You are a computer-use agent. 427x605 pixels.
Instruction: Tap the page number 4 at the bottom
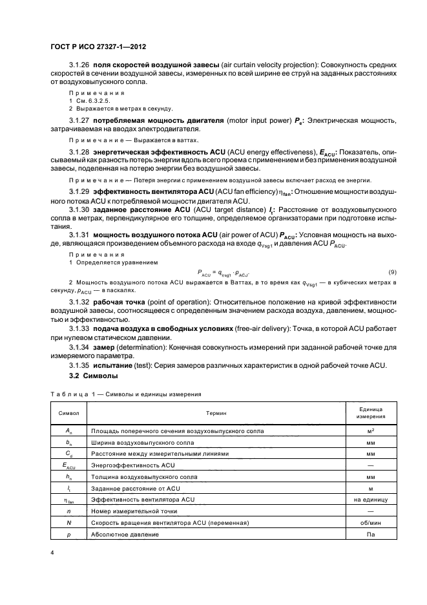click(x=51, y=553)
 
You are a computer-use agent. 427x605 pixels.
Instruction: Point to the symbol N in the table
click(x=68, y=522)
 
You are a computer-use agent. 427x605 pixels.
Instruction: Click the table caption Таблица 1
click(x=71, y=393)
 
